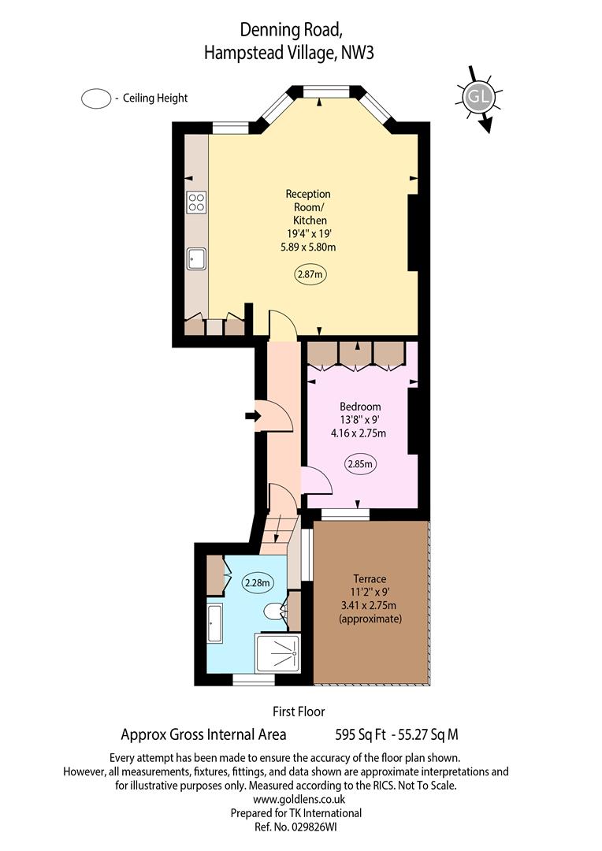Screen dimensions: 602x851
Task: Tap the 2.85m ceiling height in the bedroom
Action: [x=360, y=464]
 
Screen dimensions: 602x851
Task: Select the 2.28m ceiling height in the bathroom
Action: [x=258, y=583]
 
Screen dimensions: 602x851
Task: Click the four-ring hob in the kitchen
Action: [x=196, y=202]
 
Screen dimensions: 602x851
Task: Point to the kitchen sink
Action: [x=196, y=259]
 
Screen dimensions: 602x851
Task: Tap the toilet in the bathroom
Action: [x=275, y=611]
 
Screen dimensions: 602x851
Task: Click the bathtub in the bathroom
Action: [x=214, y=624]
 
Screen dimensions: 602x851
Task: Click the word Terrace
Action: [x=370, y=578]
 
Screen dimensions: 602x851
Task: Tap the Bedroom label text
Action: [x=360, y=407]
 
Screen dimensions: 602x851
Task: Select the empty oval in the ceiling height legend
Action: [x=96, y=98]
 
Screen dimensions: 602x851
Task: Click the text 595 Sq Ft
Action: [x=360, y=735]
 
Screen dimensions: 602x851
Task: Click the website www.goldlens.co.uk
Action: [x=299, y=800]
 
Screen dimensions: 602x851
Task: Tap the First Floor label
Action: [x=299, y=712]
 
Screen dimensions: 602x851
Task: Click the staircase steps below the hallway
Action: [x=280, y=534]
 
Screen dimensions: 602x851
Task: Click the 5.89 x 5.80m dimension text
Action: [x=308, y=247]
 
